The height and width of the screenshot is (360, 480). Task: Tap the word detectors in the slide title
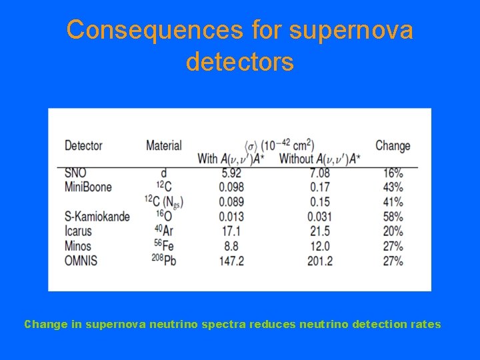click(x=239, y=62)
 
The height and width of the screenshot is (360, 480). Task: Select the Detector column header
click(x=83, y=145)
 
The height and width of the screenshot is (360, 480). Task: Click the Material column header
click(x=163, y=145)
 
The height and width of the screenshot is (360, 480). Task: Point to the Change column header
click(x=393, y=145)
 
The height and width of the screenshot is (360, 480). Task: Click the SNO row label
click(x=75, y=173)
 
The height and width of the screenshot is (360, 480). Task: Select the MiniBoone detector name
click(x=88, y=187)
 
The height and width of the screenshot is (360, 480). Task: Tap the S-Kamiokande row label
click(x=97, y=217)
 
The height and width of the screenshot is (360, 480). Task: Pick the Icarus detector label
click(x=78, y=231)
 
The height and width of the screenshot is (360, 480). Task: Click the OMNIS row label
click(x=81, y=260)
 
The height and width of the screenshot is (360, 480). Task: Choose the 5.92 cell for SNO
click(x=231, y=173)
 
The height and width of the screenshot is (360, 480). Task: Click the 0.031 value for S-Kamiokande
click(x=319, y=217)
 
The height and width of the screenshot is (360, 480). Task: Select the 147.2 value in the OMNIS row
click(x=231, y=260)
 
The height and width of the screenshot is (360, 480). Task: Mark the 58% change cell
click(x=393, y=217)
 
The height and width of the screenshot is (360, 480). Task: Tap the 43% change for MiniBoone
click(x=393, y=187)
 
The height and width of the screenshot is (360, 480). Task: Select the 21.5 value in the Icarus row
click(x=319, y=231)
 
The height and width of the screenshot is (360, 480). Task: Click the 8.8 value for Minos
click(x=231, y=245)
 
